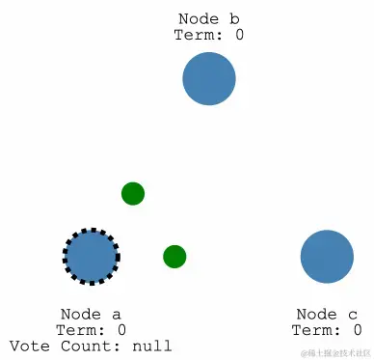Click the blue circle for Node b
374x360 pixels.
coord(209,79)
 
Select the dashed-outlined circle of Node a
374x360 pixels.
coord(92,257)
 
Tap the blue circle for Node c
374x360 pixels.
coord(327,257)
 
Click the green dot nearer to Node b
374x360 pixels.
coord(133,194)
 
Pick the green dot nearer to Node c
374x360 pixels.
coord(174,257)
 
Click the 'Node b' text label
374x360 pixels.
coord(208,19)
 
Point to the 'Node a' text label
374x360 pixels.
coord(91,315)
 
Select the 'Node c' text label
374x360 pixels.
coord(327,315)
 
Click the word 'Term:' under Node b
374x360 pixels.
coord(199,35)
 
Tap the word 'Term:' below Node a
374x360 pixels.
coord(80,330)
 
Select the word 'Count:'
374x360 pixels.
coord(93,346)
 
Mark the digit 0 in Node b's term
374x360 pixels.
coord(238,35)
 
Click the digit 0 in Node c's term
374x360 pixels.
coord(357,330)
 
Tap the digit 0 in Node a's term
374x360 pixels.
coord(120,330)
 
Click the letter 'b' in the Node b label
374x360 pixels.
coord(234,19)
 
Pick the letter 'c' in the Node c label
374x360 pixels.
coord(353,316)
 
